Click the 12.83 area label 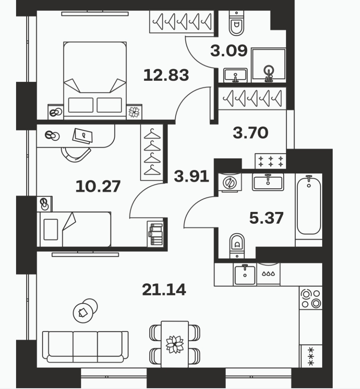point(166,75)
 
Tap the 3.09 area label point(229,51)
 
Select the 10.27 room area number point(98,186)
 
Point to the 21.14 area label point(164,289)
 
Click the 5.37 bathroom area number point(266,218)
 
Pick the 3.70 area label point(250,133)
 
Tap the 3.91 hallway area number point(191,177)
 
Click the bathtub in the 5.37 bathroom point(309,206)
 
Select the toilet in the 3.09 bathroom point(236,23)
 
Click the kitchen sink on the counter point(245,274)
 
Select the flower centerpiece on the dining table point(175,344)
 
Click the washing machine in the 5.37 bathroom point(230,182)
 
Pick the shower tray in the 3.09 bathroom point(268,65)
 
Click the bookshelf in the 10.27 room point(155,234)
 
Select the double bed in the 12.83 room point(95,81)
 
